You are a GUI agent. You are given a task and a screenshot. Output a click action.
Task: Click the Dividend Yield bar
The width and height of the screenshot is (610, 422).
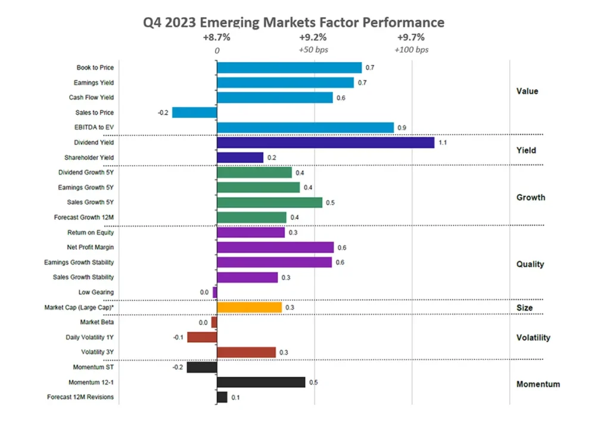coord(325,142)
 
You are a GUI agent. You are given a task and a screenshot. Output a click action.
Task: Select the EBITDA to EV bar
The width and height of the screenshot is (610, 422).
coord(305,128)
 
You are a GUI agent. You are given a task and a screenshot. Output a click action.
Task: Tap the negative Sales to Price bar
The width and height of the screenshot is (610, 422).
coord(194,113)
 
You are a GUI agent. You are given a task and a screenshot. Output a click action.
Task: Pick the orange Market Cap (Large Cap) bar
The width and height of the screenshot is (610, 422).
coord(249,308)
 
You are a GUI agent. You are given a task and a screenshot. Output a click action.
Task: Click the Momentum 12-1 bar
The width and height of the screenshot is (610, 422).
coord(261,382)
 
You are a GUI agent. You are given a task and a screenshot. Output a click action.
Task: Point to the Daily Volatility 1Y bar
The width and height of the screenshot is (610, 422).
coord(201,337)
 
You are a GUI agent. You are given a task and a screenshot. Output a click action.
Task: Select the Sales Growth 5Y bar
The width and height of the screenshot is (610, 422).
coord(269,203)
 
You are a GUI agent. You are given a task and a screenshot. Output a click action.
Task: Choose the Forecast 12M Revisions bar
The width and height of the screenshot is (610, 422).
coord(222,397)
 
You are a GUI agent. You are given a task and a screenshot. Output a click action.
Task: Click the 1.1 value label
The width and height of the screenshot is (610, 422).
coord(443,143)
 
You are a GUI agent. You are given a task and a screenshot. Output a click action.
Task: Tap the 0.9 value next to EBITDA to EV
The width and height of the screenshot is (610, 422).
coord(402,128)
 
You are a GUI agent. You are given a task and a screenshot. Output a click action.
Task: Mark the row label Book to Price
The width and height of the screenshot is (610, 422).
coord(95,68)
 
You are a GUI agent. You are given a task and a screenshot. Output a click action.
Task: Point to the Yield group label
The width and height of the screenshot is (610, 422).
coord(526,151)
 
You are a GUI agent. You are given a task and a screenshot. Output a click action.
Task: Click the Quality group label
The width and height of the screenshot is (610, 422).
coord(530,264)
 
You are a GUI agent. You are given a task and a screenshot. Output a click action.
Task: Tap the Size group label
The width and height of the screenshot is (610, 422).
coord(524,308)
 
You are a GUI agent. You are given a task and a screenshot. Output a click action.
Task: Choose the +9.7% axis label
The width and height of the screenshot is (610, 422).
coord(411,38)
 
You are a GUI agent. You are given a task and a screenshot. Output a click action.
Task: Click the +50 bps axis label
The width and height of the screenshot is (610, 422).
coord(313,50)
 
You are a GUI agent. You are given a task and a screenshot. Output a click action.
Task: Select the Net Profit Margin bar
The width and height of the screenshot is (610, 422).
coord(275,247)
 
